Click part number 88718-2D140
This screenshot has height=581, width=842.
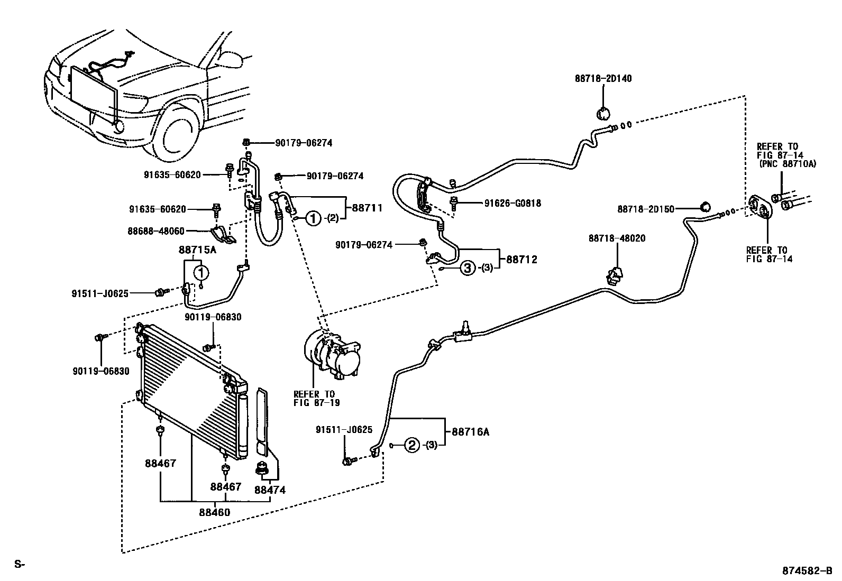tap(603, 79)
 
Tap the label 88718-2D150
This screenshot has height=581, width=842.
tap(646, 209)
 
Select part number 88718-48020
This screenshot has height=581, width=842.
tap(617, 239)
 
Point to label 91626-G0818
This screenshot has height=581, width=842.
tap(512, 203)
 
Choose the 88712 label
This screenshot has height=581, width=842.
tap(522, 260)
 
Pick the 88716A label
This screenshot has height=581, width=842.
tap(470, 432)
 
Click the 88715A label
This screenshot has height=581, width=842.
tap(198, 250)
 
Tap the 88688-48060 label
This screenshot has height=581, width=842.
tap(156, 230)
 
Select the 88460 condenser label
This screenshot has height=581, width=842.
tap(215, 512)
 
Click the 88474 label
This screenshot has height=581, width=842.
tap(270, 490)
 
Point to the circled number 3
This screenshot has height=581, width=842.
tap(468, 269)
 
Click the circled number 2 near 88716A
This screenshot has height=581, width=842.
tap(413, 445)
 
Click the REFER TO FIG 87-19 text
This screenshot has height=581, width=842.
tap(315, 398)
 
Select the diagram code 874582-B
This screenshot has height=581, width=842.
tap(807, 571)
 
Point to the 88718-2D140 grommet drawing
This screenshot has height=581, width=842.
tap(603, 113)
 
